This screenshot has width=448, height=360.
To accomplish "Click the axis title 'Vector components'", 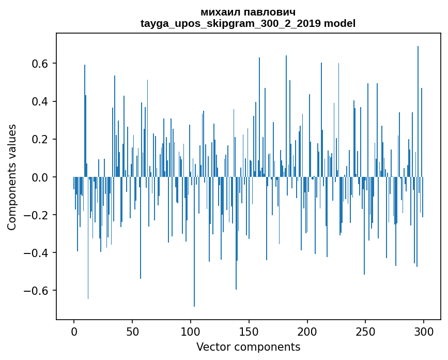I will click(x=248, y=347).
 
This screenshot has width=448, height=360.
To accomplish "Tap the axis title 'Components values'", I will click(x=12, y=177).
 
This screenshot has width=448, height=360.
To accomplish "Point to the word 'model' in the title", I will click(x=339, y=23).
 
